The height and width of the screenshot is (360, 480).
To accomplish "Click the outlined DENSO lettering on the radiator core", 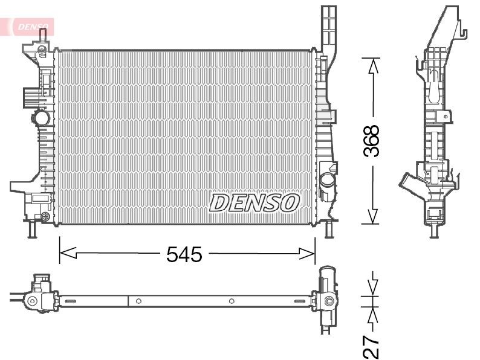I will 255,203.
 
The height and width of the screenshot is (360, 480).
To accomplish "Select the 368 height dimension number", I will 372,141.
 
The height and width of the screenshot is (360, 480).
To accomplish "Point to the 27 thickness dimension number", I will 372,345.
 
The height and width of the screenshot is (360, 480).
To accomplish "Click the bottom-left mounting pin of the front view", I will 31,230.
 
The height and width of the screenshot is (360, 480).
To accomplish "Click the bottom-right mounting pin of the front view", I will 329,230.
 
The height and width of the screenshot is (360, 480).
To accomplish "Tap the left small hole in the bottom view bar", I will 138,301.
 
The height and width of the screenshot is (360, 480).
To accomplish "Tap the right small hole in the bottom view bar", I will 232,301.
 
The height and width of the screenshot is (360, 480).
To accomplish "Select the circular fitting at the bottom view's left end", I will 34,300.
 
